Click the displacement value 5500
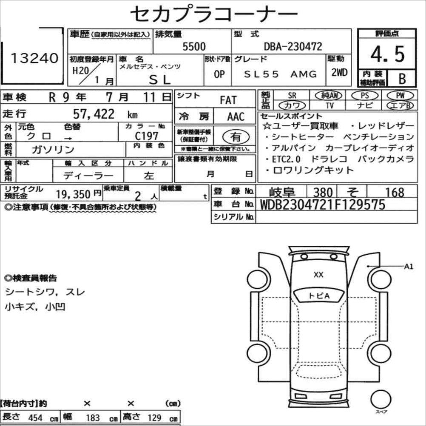(x=193, y=46)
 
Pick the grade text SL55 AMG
(x=281, y=74)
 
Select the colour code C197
(x=147, y=136)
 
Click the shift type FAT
(x=228, y=100)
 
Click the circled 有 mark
(x=235, y=137)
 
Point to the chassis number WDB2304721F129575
(x=322, y=204)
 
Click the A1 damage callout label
(x=409, y=267)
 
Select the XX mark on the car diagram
(x=318, y=275)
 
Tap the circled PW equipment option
(x=399, y=95)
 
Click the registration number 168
(x=394, y=192)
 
